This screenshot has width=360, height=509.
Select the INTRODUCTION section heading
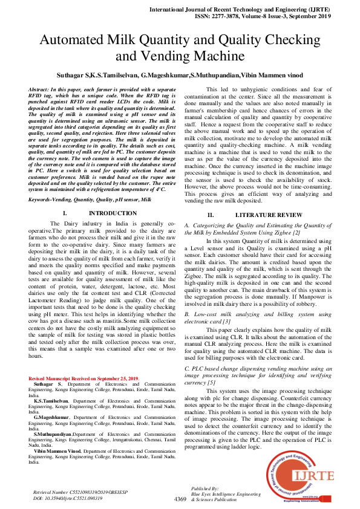pyautogui.click(x=113, y=214)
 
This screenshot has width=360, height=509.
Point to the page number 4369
pyautogui.click(x=180, y=499)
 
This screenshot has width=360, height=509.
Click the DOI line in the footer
pyautogui.click(x=68, y=499)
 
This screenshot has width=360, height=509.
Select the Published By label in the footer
pyautogui.click(x=205, y=488)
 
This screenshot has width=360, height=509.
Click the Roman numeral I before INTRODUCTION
pyautogui.click(x=64, y=214)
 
